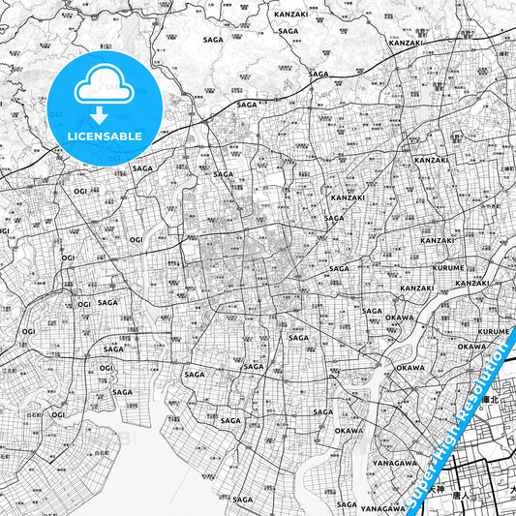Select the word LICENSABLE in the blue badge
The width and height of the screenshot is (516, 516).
click(x=103, y=137)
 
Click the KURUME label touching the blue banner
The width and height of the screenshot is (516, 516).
click(x=493, y=331)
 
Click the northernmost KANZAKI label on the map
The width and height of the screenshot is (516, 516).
click(x=290, y=15)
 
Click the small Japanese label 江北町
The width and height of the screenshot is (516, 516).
click(x=10, y=370)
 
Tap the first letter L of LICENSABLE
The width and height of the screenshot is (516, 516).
click(x=71, y=137)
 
